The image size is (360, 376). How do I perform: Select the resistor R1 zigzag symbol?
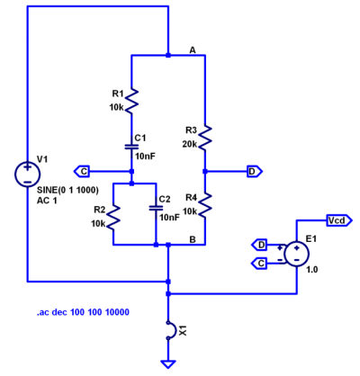(x=131, y=101)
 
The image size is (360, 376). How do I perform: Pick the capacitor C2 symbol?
(x=155, y=206)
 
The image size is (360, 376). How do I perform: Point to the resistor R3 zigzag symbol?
(x=205, y=137)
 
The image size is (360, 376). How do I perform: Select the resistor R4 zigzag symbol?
(x=205, y=205)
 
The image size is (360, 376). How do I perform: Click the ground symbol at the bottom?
(x=167, y=363)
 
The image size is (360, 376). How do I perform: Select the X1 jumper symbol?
(x=168, y=330)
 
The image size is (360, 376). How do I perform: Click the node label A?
(x=193, y=49)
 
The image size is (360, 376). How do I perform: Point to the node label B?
(x=193, y=237)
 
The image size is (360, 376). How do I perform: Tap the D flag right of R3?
(x=253, y=170)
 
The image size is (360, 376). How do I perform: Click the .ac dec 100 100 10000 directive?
(x=83, y=312)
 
